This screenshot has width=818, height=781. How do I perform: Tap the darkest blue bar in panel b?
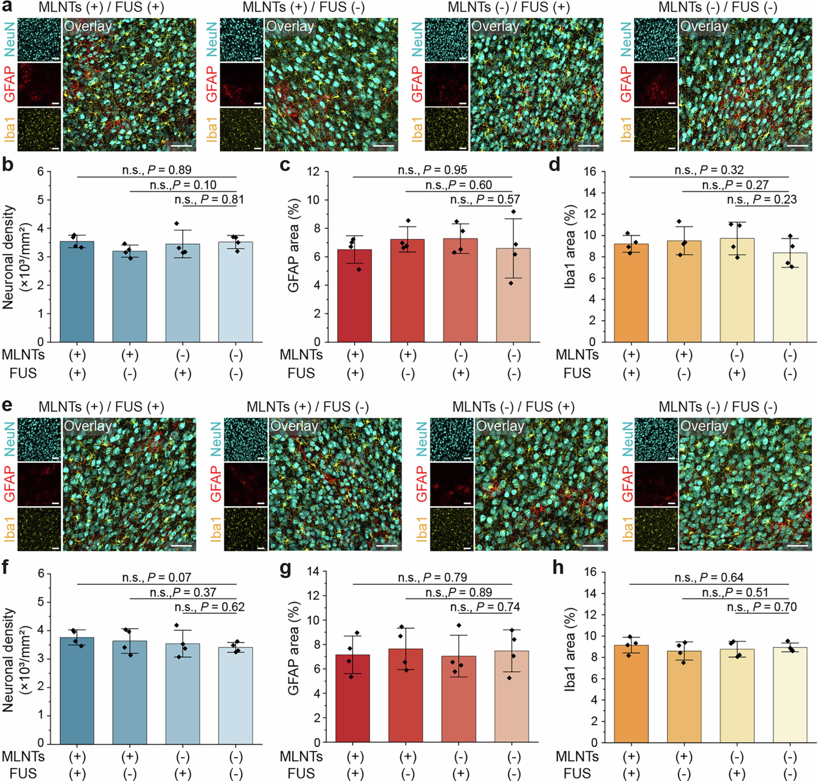(x=77, y=291)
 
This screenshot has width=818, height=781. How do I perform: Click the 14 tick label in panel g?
(x=314, y=572)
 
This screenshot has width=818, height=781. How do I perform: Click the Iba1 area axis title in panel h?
(x=570, y=649)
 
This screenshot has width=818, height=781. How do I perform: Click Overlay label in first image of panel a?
(x=88, y=27)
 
